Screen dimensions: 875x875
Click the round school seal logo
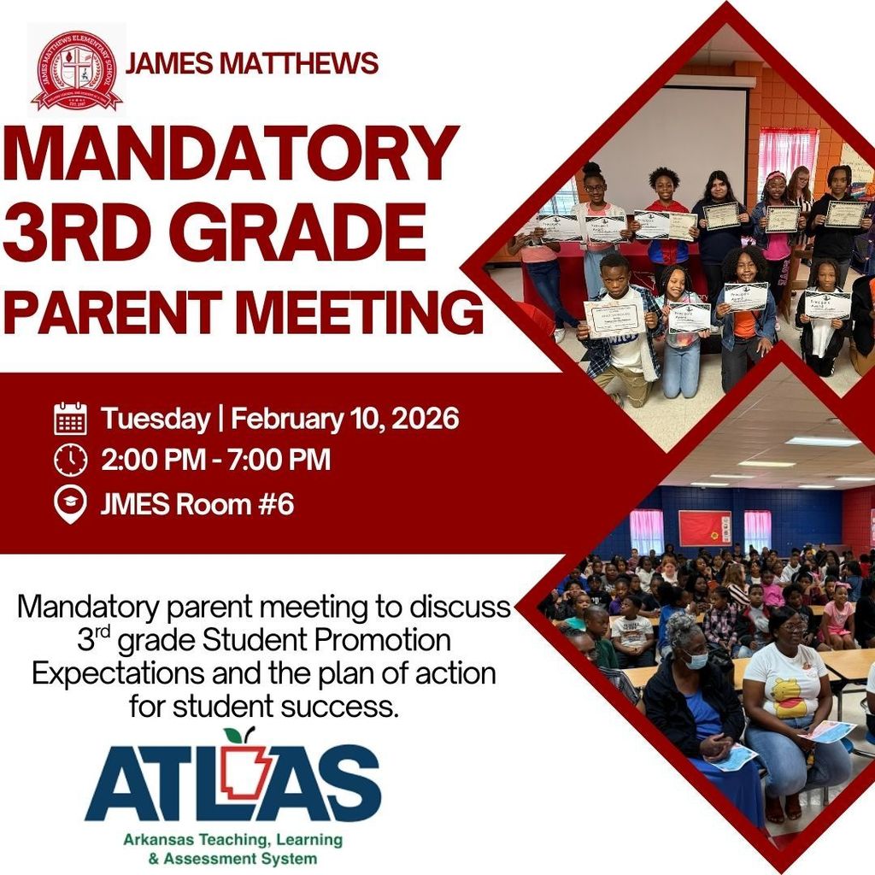(76, 69)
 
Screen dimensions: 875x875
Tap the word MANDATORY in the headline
(231, 155)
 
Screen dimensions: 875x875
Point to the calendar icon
(70, 419)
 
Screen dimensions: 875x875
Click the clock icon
(70, 461)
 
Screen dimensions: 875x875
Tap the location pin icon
(70, 504)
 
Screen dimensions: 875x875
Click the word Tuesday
(155, 419)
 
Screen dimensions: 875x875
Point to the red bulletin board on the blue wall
(704, 527)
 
